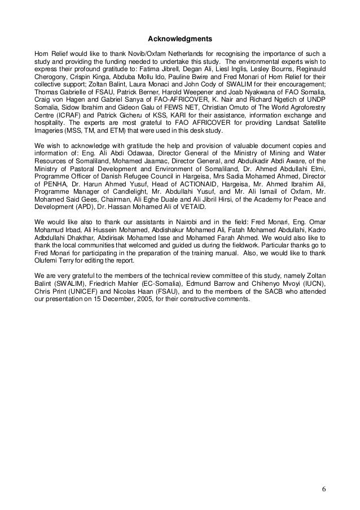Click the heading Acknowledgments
[x=179, y=40]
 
